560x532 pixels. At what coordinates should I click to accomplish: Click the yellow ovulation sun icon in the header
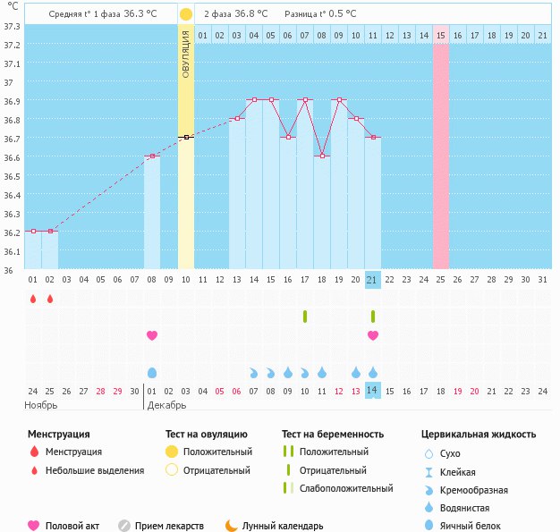[185, 14]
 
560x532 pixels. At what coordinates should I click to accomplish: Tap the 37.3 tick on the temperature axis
[12, 26]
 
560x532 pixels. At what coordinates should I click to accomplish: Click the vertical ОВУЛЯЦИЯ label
[186, 54]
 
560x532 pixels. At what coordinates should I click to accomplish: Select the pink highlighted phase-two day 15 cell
[441, 35]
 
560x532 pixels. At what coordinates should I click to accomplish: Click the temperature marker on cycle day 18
[322, 156]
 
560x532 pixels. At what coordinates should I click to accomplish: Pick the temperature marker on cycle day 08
[152, 156]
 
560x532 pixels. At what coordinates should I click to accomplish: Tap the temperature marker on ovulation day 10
[186, 137]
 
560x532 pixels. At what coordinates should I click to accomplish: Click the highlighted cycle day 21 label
[373, 280]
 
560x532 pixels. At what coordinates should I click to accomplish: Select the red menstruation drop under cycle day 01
[33, 299]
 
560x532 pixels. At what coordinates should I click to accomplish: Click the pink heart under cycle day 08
[152, 335]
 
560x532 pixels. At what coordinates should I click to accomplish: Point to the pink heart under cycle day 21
[373, 335]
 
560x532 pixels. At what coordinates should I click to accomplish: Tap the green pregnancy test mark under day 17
[305, 317]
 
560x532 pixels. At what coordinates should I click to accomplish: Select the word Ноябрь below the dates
[41, 405]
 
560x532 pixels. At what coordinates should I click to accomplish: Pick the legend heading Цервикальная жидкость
[479, 435]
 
